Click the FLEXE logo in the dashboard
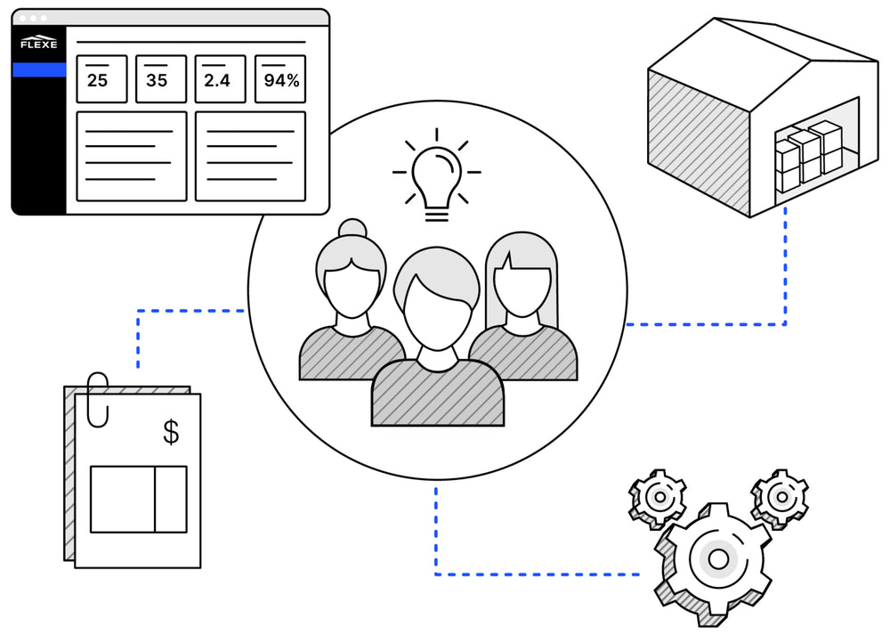click(x=38, y=44)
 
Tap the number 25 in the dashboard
click(x=97, y=81)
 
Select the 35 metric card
click(x=161, y=78)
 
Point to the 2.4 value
click(x=216, y=81)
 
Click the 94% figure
click(x=281, y=81)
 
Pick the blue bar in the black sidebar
click(x=38, y=69)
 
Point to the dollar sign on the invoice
click(x=171, y=432)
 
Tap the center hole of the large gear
click(x=717, y=558)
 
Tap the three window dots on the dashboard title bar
click(x=34, y=18)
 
